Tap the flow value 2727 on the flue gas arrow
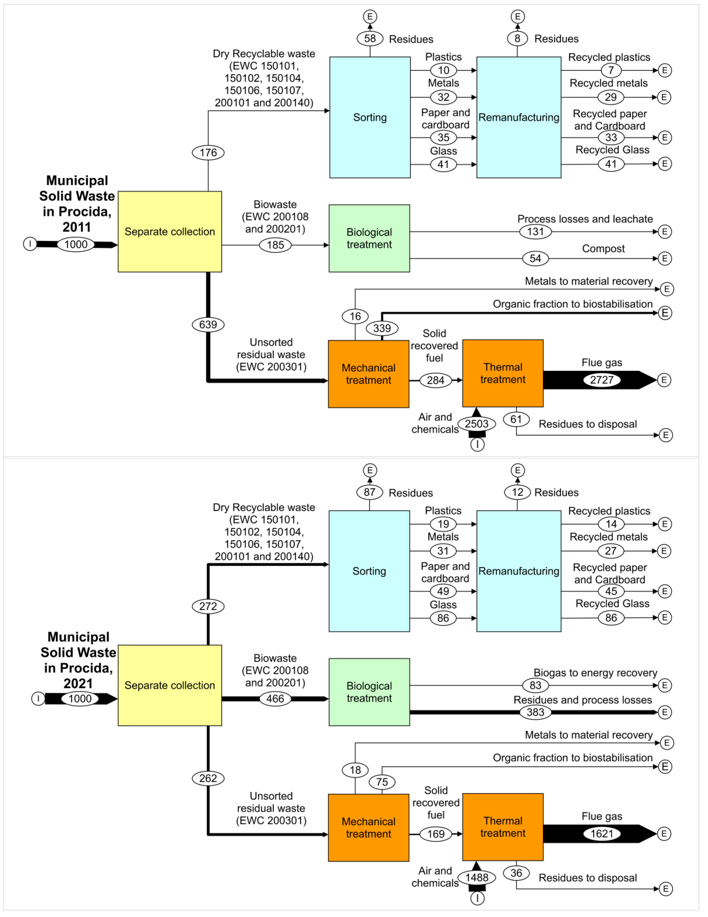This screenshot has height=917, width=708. (601, 380)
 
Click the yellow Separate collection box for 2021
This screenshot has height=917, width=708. (169, 685)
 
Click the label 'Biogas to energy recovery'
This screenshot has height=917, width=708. (595, 673)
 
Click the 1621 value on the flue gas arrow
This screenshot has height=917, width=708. (601, 833)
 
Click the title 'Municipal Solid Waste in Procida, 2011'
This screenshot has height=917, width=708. (77, 204)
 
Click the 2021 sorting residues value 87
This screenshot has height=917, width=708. (369, 492)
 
